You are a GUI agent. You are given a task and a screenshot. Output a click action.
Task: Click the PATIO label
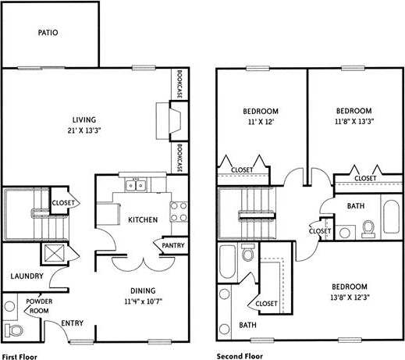(48, 34)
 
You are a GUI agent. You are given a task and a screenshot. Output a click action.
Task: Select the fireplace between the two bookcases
(174, 121)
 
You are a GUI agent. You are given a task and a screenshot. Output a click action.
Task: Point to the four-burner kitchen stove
(179, 211)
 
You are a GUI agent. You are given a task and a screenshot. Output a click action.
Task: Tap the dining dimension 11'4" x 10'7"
(147, 301)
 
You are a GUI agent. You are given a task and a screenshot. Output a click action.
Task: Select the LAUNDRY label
(26, 276)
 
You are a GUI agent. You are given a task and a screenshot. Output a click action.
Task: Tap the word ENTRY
(73, 323)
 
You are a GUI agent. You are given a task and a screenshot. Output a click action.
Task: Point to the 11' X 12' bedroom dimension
(261, 122)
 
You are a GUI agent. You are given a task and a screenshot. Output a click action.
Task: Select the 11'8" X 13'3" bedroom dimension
(353, 122)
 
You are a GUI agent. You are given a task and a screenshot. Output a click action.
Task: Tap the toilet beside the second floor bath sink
(368, 230)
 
